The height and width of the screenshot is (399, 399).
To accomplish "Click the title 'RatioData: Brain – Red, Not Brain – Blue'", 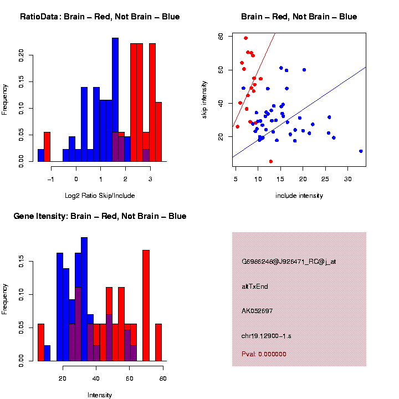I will tap(100, 17).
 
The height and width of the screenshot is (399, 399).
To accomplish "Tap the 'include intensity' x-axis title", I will tap(299, 196).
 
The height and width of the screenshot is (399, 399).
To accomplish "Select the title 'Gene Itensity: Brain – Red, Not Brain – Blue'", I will tap(100, 216).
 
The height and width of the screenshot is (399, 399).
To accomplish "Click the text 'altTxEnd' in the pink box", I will tap(255, 287).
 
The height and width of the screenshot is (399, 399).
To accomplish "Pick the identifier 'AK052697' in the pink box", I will tap(258, 311).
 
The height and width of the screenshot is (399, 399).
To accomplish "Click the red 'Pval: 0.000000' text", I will tap(264, 354).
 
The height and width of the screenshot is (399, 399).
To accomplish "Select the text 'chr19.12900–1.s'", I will tap(267, 335).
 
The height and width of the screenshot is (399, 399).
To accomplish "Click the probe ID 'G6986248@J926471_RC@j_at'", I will tap(288, 262).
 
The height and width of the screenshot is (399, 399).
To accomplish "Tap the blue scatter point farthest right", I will tap(361, 151).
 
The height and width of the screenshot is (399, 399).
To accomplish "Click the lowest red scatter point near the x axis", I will tap(270, 161).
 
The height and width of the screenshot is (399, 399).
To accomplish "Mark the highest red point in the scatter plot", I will tap(245, 38).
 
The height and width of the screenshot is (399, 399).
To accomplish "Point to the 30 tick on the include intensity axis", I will tap(347, 179).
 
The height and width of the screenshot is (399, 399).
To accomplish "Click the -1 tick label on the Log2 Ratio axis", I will tap(51, 179).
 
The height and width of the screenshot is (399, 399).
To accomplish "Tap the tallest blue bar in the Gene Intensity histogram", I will tap(84, 299).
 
